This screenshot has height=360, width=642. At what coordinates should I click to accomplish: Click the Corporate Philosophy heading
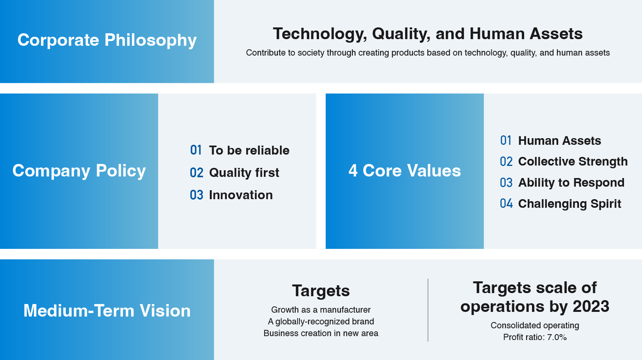coord(107,40)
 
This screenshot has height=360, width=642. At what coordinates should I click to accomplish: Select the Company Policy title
coord(79,171)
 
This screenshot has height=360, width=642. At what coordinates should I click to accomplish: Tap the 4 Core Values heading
coord(405,171)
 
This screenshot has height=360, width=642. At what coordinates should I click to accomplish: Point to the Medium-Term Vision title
coord(107,311)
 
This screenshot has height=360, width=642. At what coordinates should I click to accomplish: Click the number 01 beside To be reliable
coord(196,150)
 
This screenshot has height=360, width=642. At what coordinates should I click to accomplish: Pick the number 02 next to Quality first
coord(197,173)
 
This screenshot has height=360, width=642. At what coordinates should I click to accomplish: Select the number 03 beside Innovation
coord(197,195)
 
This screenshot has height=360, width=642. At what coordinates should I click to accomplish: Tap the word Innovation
coord(241,195)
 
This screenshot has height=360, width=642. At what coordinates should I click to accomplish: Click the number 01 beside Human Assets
coord(506,140)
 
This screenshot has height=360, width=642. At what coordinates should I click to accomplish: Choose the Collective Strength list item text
coord(573,162)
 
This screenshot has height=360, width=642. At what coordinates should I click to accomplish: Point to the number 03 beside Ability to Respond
coord(506,183)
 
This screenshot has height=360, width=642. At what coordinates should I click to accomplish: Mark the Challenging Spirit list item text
coord(570,204)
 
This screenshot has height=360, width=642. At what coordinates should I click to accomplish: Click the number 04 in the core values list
coord(506,203)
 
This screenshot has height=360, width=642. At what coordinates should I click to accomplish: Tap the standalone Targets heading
coord(321,291)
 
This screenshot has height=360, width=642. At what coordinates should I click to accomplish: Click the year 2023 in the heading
coord(591,306)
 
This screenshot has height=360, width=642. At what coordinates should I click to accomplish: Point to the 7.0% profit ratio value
coord(557,337)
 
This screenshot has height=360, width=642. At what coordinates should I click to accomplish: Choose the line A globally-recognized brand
coord(321,322)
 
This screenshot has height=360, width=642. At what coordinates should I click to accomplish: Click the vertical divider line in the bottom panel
coord(428,310)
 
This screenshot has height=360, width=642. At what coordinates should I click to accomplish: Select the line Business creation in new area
coord(321,333)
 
